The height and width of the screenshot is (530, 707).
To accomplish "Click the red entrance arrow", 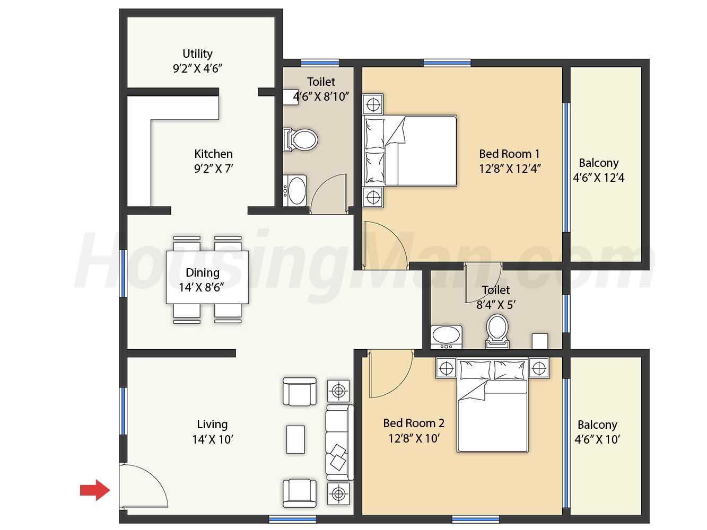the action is (x=95, y=490).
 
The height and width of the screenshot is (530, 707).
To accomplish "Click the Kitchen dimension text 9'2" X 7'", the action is (x=214, y=169).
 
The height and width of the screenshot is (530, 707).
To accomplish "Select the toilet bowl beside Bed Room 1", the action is (x=300, y=140).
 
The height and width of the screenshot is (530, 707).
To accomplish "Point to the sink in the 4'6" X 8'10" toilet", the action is (x=295, y=190).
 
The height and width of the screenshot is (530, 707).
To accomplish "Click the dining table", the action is (x=207, y=277).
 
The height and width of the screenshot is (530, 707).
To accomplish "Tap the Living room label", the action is (x=212, y=424).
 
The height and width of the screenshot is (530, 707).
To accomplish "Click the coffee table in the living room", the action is (x=295, y=439).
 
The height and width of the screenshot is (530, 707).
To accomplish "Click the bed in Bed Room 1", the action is (x=410, y=151).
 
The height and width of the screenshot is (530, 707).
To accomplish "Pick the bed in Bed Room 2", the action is (x=492, y=405).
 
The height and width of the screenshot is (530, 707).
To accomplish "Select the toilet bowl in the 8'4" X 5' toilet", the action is (x=497, y=331).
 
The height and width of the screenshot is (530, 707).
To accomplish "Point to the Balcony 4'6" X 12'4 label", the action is (x=598, y=170).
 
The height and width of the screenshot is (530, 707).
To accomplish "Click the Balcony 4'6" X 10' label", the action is (x=597, y=432).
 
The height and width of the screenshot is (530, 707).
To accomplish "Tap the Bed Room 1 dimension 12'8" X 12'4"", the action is (x=510, y=169).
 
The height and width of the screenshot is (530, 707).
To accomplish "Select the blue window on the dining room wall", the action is (x=124, y=273).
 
